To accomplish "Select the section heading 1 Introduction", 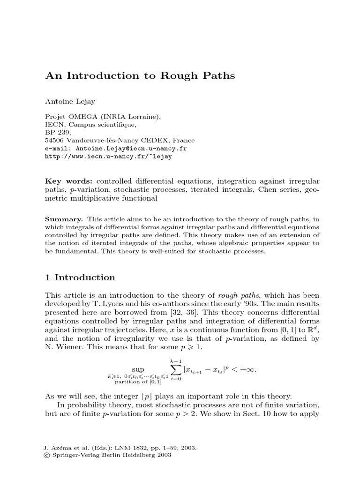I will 80,277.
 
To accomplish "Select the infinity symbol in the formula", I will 251,369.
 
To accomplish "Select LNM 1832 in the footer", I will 124,448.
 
